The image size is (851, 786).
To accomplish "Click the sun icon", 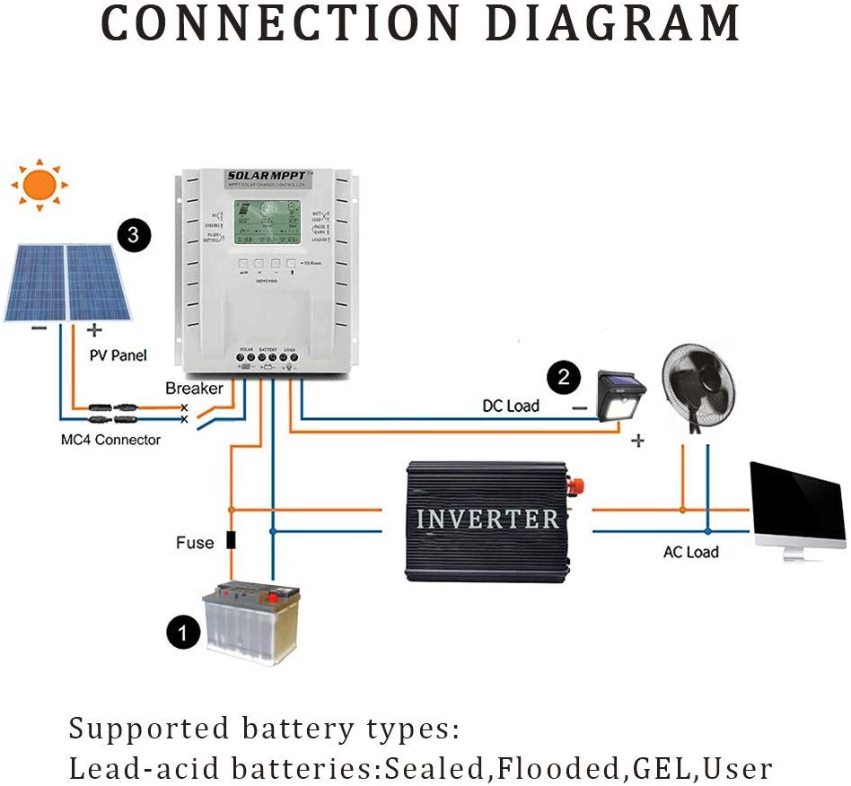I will pos(39,185).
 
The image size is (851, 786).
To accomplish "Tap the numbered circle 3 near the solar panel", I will pos(134,235).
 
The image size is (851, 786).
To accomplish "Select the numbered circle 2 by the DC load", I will pos(564,377).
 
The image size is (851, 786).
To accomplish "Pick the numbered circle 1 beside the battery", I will pos(184,633).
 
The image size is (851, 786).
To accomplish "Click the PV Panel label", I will pos(118,355).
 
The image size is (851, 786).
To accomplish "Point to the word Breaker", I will pos(194,389).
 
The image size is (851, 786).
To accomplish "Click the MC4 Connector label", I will pos(106,440).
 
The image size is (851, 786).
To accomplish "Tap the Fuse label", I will pos(195,542).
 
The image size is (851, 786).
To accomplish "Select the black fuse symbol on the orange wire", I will pos(231,540).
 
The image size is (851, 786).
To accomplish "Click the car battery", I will pos(252,622).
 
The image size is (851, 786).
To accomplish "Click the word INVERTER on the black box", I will pos(487,519).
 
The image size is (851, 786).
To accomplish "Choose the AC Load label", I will pos(690,552).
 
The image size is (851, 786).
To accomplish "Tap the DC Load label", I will pos(511,406).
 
